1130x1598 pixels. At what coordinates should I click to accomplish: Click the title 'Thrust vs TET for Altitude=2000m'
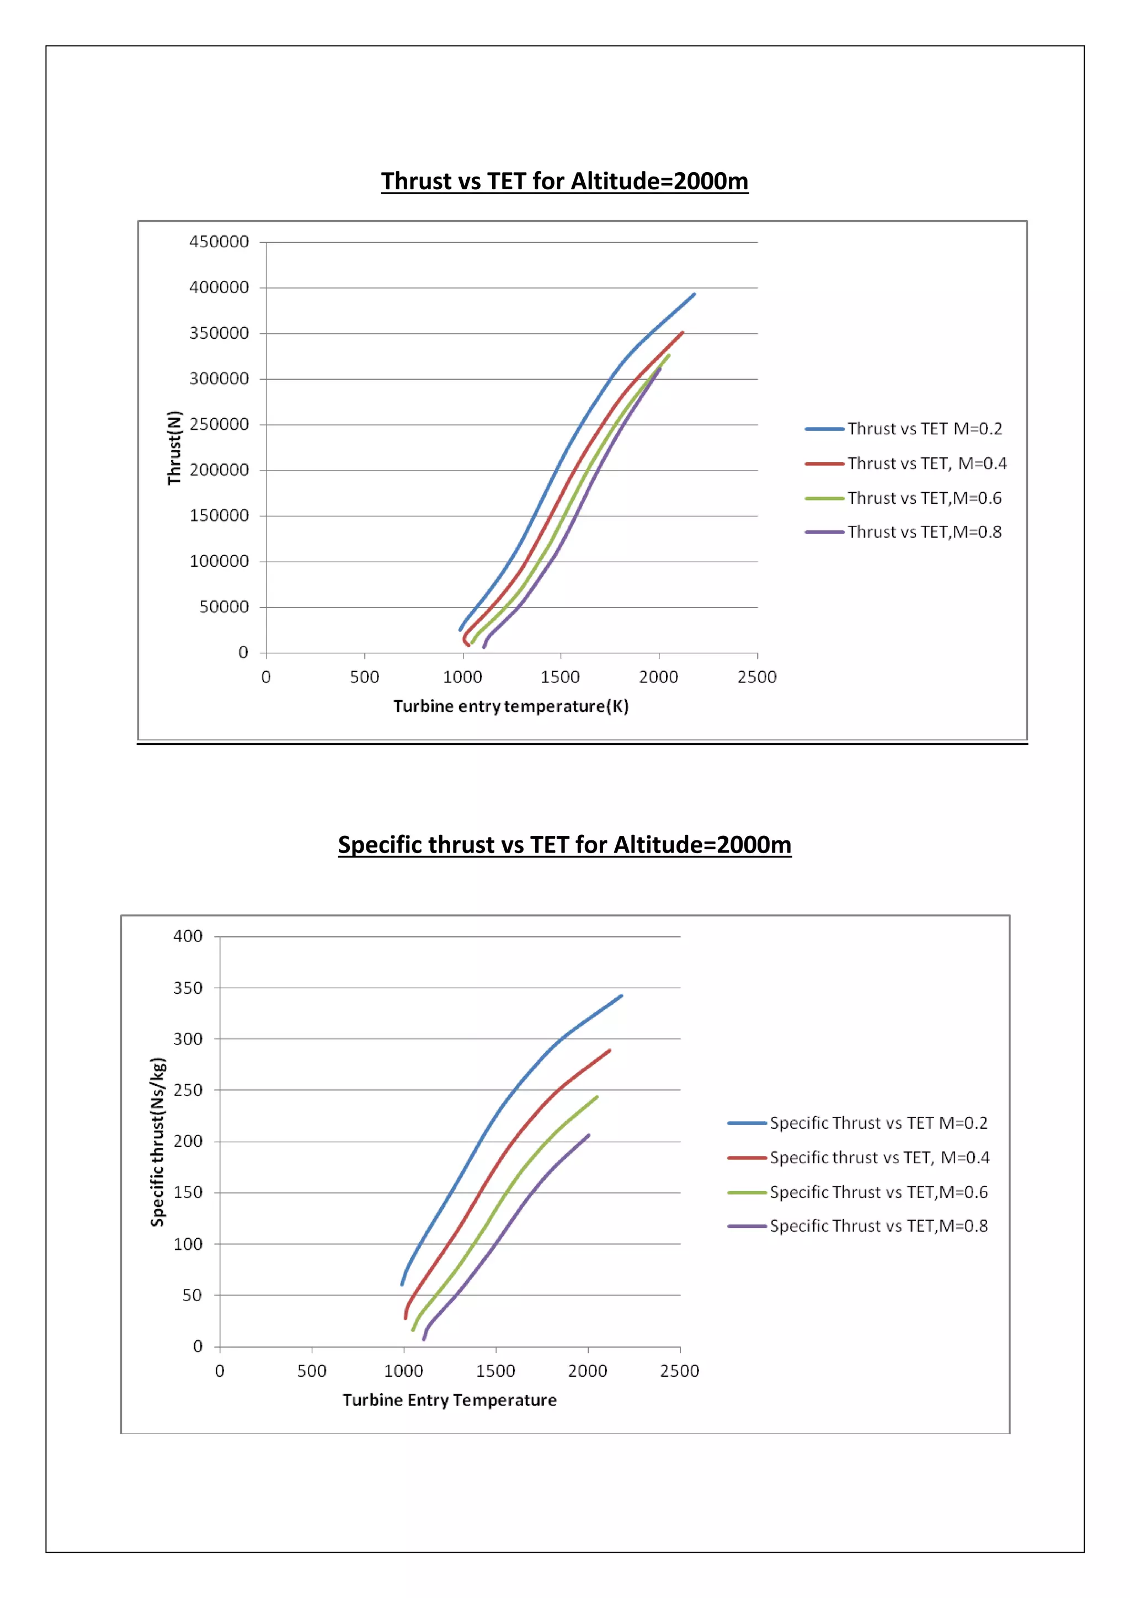(564, 181)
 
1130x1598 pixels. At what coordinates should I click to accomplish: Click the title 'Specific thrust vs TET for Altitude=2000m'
(564, 844)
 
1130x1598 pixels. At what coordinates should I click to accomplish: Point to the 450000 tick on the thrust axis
(218, 242)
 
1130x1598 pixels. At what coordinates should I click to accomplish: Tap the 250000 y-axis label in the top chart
(218, 424)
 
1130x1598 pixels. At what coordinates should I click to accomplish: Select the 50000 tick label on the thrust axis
(223, 607)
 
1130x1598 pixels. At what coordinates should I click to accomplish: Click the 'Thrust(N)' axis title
(174, 448)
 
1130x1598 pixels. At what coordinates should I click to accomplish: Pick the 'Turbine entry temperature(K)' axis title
(511, 706)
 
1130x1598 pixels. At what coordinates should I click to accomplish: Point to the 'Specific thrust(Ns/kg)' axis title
(158, 1142)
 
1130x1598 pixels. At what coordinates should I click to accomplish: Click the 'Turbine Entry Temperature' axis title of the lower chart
(450, 1400)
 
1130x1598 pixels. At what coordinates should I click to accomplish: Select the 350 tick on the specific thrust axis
(188, 988)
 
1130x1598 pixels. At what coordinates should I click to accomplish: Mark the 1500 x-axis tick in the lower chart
(495, 1371)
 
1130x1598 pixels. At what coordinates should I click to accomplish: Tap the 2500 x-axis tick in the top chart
(757, 677)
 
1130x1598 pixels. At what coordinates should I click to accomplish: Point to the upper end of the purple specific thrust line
(589, 1135)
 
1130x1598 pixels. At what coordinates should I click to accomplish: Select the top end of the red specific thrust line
(610, 1050)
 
